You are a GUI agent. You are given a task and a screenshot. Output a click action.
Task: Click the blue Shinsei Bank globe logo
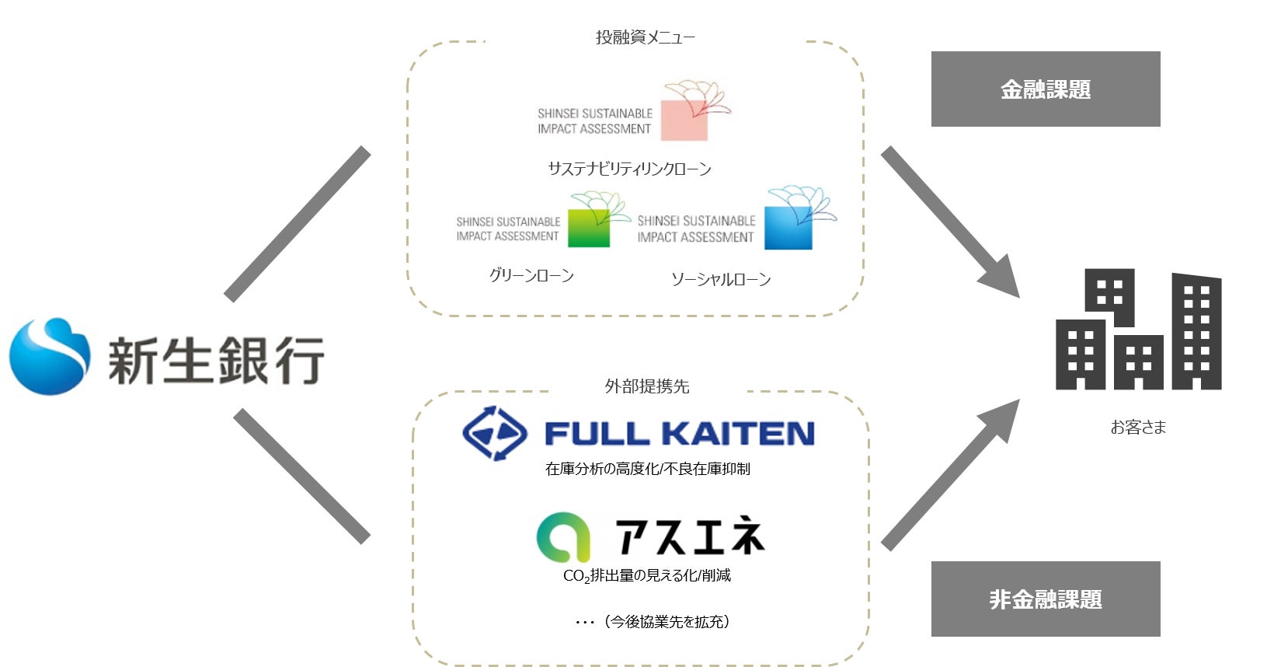pos(49,356)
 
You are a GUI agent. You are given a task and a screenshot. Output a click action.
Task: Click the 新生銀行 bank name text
pos(216,360)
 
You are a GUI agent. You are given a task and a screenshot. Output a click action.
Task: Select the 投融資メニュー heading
pos(645,37)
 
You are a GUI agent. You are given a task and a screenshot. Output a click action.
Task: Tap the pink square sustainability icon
pos(684,119)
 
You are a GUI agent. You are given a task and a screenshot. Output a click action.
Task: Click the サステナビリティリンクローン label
pos(629,169)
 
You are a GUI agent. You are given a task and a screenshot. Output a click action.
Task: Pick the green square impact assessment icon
pos(589,228)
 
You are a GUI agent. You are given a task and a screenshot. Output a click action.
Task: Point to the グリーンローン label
pos(531,275)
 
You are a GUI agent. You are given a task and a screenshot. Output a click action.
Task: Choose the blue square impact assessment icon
pos(788,228)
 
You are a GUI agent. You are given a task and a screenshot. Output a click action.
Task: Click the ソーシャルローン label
pos(721,279)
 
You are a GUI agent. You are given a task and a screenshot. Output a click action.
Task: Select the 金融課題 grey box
pos(1045,89)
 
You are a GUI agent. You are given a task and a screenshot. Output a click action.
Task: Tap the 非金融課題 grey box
pos(1045,599)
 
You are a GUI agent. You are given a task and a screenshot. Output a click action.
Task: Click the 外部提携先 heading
pos(646,386)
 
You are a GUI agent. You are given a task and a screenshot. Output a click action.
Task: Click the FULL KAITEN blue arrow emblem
pos(495,433)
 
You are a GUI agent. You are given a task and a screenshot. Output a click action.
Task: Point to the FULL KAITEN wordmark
pos(679,434)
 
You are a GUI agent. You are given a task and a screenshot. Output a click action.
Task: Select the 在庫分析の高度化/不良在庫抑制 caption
pos(647,469)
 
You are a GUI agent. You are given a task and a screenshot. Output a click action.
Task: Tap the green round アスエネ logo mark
pos(562,536)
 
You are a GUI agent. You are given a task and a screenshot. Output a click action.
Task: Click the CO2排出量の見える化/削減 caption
pos(646,575)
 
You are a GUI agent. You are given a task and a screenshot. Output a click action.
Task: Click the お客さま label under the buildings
pos(1138,427)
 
